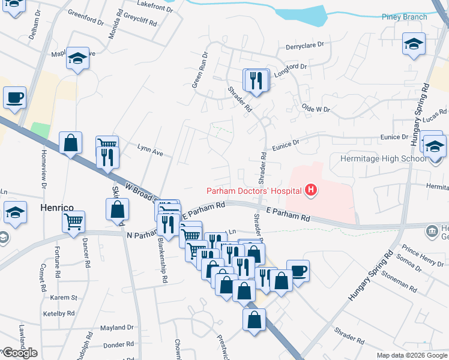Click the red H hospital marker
(x=311, y=191)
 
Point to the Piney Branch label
(x=405, y=17)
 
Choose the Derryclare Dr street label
(x=305, y=45)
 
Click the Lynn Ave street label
(x=150, y=150)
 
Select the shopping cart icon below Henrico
(x=74, y=221)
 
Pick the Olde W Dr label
(x=316, y=109)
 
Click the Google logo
(x=20, y=353)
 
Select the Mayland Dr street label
(x=116, y=328)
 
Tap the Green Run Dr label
(x=199, y=70)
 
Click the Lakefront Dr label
(x=155, y=7)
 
